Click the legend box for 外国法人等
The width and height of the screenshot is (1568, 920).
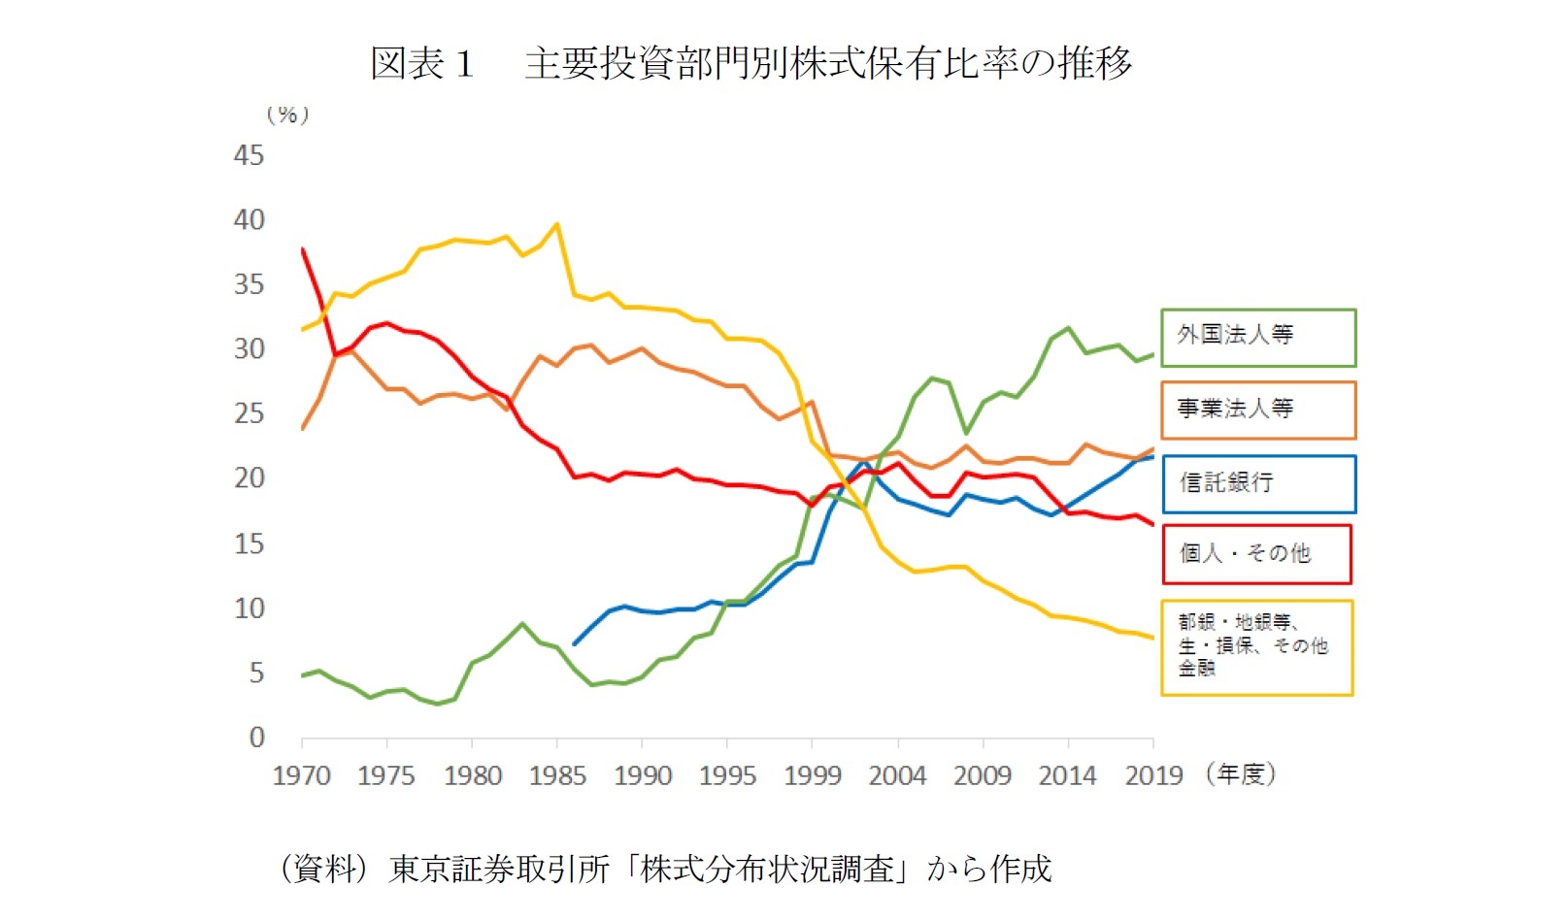click(1257, 338)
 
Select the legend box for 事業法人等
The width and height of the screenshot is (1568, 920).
click(1257, 410)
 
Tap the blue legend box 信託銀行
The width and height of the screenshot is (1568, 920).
click(1257, 483)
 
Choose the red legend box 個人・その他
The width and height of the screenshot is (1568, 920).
click(1256, 554)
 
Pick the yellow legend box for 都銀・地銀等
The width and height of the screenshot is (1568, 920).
click(1256, 647)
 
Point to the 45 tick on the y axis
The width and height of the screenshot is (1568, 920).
click(249, 155)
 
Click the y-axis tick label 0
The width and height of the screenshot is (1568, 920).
click(256, 738)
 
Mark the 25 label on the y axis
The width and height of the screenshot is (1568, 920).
click(249, 413)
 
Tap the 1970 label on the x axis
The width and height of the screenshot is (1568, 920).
click(301, 776)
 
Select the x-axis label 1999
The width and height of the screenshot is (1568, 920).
click(813, 776)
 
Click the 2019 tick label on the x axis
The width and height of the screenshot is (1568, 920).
click(1153, 776)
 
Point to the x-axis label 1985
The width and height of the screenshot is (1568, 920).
click(557, 776)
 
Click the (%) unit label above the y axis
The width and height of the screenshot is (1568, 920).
click(287, 115)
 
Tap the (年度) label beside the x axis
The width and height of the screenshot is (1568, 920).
click(1241, 774)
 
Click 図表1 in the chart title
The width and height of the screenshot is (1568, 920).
click(421, 64)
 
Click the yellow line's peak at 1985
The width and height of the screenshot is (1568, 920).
click(556, 224)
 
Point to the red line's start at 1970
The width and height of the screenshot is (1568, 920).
click(303, 249)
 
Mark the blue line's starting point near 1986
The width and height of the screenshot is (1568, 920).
click(575, 643)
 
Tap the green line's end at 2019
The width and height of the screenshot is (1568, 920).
click(1152, 354)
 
